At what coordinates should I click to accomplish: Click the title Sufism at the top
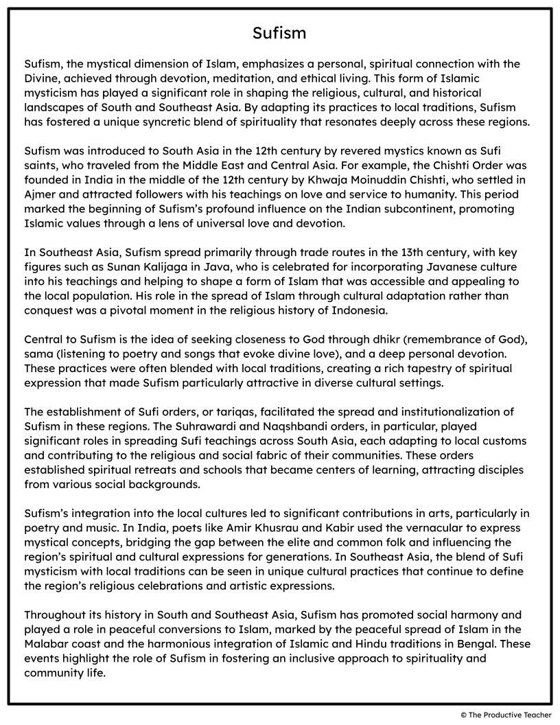279,33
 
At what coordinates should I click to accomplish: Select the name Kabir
292,527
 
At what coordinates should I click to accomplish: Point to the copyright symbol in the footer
464,715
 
